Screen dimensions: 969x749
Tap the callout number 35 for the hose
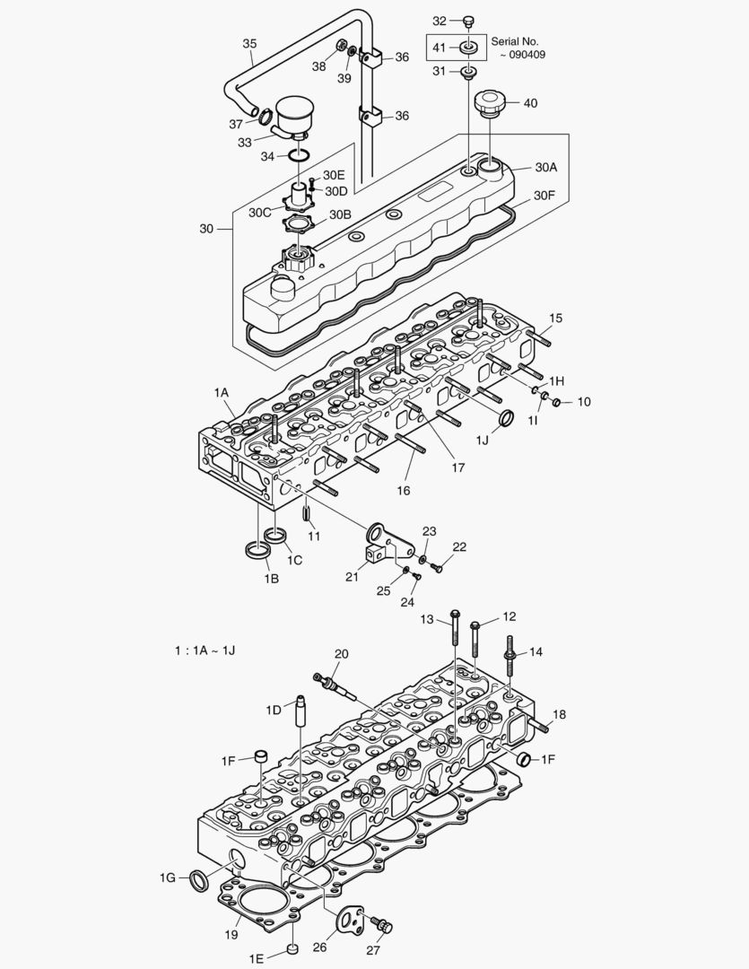pos(249,43)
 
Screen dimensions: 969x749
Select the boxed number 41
pos(439,48)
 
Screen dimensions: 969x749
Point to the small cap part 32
pos(467,20)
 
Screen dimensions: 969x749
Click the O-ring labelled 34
pos(302,157)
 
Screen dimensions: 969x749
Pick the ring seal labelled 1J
pos(506,419)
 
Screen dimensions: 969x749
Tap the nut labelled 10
pos(556,401)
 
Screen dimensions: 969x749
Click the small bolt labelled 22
pos(436,566)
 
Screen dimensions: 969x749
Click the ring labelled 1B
pos(255,548)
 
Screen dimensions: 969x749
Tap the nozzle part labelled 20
pos(334,685)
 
